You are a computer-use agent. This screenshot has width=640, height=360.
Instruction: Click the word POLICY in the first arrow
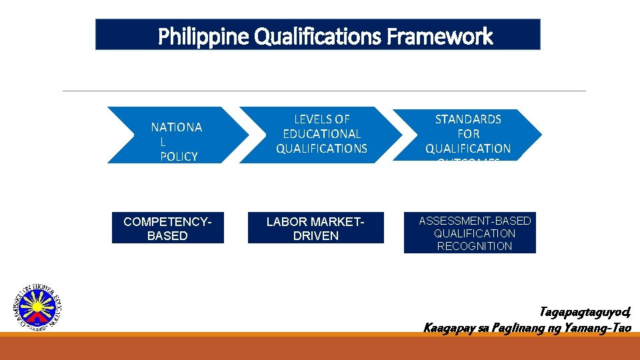[179, 157]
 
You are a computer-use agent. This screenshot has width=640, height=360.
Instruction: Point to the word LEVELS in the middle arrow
[322, 119]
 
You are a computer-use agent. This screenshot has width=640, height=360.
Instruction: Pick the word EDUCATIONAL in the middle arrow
[322, 134]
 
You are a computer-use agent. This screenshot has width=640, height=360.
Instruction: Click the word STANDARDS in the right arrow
[468, 119]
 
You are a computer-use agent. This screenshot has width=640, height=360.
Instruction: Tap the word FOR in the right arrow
[468, 134]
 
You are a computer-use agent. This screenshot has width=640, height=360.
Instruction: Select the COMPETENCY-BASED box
[167, 228]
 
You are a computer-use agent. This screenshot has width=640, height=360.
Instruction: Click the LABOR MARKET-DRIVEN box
[316, 228]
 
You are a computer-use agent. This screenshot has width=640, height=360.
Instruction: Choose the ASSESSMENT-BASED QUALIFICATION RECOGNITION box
[469, 233]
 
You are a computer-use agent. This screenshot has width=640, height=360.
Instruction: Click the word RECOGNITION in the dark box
[475, 246]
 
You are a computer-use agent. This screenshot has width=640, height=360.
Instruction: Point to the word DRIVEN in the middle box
[316, 236]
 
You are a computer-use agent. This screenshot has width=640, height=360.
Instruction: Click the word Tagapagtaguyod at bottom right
[585, 312]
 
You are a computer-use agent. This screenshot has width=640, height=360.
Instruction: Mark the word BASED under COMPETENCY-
[167, 236]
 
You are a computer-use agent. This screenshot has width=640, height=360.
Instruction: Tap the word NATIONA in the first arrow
[177, 127]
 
